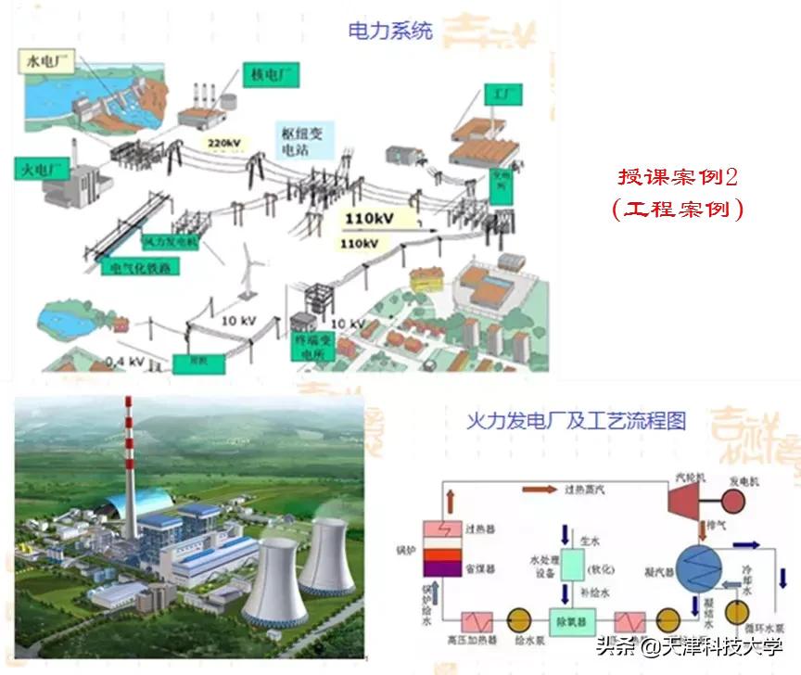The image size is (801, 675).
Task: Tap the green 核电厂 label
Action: click(271, 74)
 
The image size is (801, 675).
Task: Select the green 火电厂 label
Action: click(39, 170)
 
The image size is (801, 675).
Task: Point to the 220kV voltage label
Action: click(225, 142)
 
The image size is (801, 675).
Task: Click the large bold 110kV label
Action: click(373, 219)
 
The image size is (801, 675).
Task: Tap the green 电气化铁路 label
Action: click(140, 268)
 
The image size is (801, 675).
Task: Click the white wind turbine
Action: click(248, 269)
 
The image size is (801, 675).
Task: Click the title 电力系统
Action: click(389, 31)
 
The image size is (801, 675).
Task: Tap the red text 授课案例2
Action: click(678, 176)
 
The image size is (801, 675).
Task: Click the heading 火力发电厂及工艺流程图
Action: click(577, 421)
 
